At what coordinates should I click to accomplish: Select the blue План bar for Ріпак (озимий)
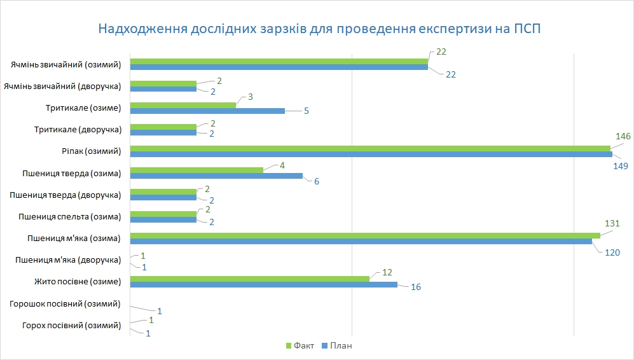(371, 155)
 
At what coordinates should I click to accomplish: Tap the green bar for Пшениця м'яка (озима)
(365, 235)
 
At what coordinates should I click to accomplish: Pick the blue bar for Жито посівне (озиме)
(263, 284)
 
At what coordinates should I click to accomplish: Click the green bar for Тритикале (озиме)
(183, 105)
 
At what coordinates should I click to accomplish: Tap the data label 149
(620, 166)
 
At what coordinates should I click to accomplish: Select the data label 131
(612, 223)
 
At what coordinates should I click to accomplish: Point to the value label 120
(612, 253)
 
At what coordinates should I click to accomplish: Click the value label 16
(416, 287)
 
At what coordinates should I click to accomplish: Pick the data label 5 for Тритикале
(307, 111)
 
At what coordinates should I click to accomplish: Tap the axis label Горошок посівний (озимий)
(65, 303)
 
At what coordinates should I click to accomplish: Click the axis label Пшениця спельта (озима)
(71, 216)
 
